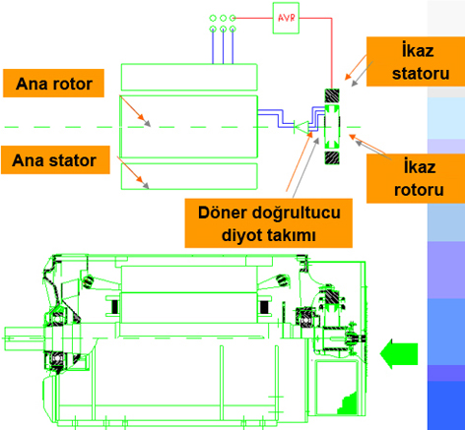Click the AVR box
pos(286,18)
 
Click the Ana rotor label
pos(54,84)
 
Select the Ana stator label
pos(55,160)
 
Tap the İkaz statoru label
pos(416,62)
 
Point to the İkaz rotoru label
pos(416,178)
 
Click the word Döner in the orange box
pos(223,213)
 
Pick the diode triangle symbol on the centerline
pos(301,127)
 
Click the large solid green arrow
pos(399,354)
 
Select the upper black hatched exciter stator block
pos(332,95)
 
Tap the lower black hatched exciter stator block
pos(332,157)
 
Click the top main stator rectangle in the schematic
pos(189,77)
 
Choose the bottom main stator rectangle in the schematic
pos(189,176)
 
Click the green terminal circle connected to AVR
pos(232,18)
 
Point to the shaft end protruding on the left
pos(24,338)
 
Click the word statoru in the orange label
pos(421,74)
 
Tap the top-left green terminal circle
pos(213,18)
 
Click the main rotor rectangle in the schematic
pos(189,127)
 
